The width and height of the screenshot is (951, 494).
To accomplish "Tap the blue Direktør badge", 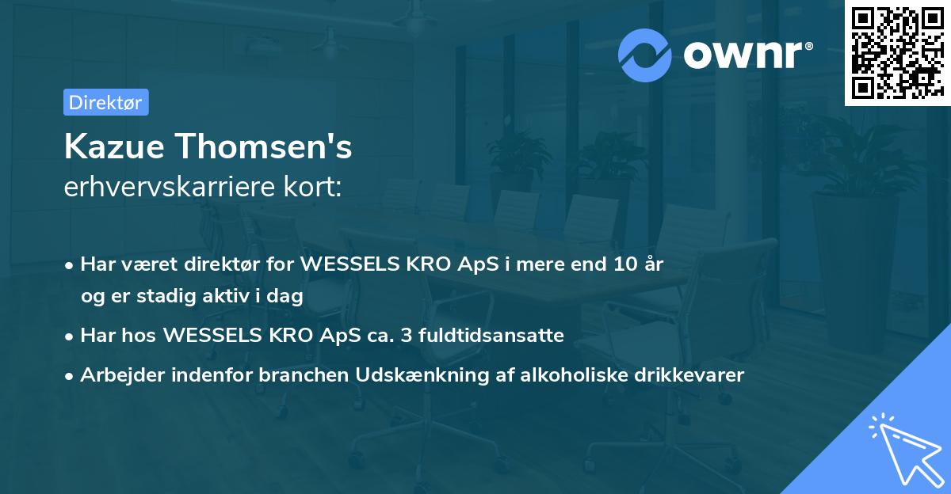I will coord(105,102).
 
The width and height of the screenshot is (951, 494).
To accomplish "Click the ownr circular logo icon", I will coord(645,55).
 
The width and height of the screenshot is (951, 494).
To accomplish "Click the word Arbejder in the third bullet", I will coord(116,375).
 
